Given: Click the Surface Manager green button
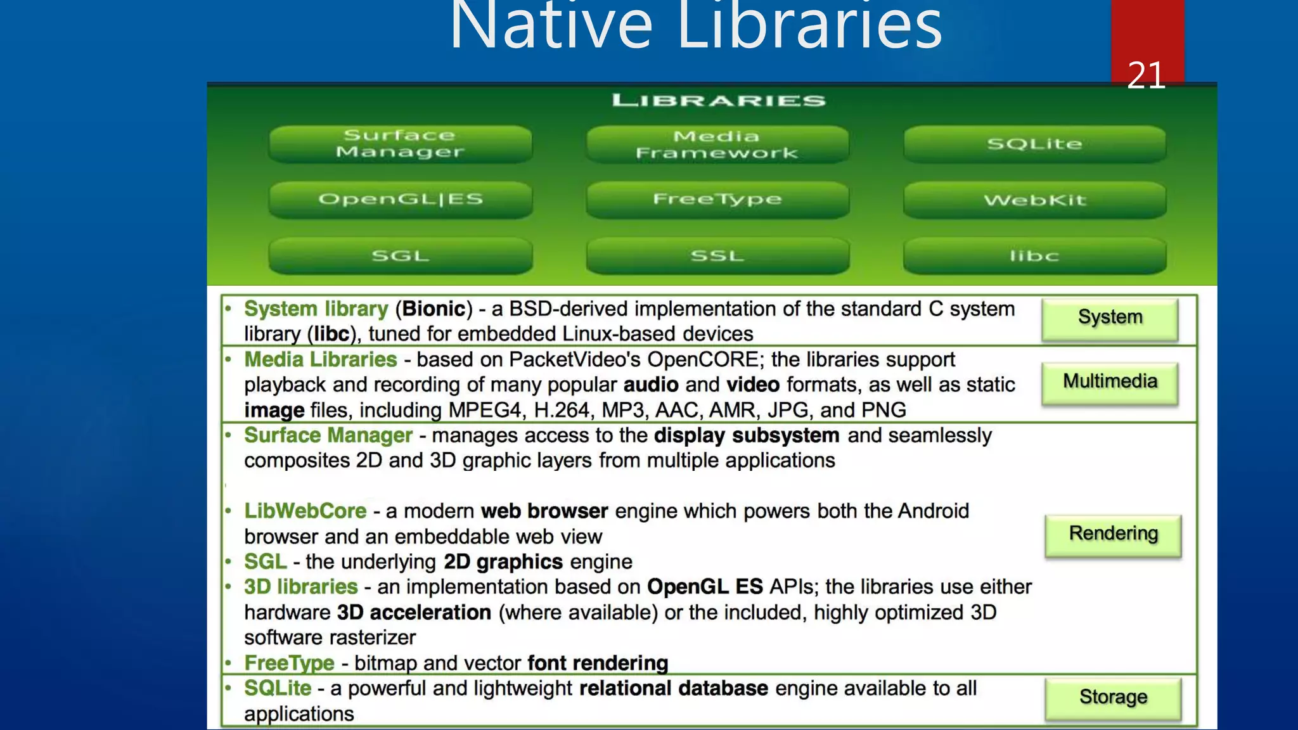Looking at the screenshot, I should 400,144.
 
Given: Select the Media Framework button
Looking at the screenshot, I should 717,144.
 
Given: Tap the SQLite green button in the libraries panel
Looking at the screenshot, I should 1034,144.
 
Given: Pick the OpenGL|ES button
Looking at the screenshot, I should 400,200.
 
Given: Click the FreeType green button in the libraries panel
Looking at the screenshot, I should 717,200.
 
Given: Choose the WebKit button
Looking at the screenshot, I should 1034,200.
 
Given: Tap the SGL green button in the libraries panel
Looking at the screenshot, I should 400,255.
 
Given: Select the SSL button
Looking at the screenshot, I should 717,255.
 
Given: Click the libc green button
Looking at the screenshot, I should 1034,255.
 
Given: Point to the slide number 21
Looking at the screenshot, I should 1146,75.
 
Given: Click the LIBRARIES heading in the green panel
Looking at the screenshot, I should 719,100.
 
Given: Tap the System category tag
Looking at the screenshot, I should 1110,317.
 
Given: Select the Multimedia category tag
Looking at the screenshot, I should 1110,381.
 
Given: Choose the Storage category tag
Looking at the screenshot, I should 1113,697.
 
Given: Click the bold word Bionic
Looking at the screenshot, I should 434,309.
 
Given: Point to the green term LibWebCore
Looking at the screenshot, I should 305,511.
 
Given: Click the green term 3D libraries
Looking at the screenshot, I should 300,587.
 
